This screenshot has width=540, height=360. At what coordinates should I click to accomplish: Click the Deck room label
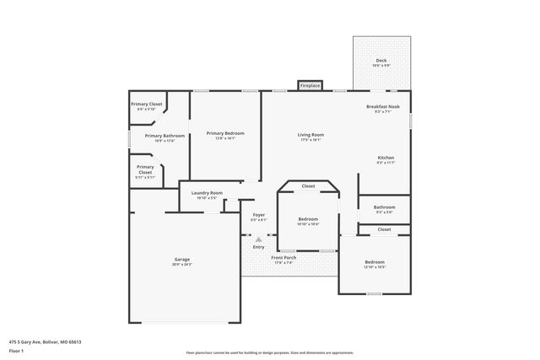pyautogui.click(x=381, y=61)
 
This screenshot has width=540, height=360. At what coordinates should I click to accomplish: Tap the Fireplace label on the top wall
pyautogui.click(x=310, y=85)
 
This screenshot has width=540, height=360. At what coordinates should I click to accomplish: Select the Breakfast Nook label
pyautogui.click(x=382, y=106)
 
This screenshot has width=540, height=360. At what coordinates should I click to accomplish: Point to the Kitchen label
pyautogui.click(x=386, y=158)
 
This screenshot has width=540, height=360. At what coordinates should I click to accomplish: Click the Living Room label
pyautogui.click(x=310, y=134)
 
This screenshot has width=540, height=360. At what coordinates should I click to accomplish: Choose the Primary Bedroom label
pyautogui.click(x=225, y=133)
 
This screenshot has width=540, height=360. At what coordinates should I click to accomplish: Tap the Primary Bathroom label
pyautogui.click(x=165, y=135)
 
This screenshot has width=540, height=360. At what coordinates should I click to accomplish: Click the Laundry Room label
pyautogui.click(x=207, y=193)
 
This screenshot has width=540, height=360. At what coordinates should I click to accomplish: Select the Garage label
pyautogui.click(x=181, y=259)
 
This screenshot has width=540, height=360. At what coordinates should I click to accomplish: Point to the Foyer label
pyautogui.click(x=259, y=214)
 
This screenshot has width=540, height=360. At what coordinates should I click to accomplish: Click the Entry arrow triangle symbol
pyautogui.click(x=259, y=239)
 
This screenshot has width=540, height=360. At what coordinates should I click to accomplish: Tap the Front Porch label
pyautogui.click(x=283, y=258)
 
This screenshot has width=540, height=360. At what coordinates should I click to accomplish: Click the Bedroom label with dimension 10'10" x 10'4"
pyautogui.click(x=308, y=219)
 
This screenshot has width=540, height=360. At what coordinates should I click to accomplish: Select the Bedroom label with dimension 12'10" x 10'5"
pyautogui.click(x=375, y=261)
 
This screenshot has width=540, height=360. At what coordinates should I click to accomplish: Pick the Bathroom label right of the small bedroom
pyautogui.click(x=385, y=207)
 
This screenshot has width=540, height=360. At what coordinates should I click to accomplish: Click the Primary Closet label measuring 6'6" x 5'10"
pyautogui.click(x=146, y=104)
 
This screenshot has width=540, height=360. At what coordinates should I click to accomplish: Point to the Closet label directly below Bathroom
pyautogui.click(x=384, y=228)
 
